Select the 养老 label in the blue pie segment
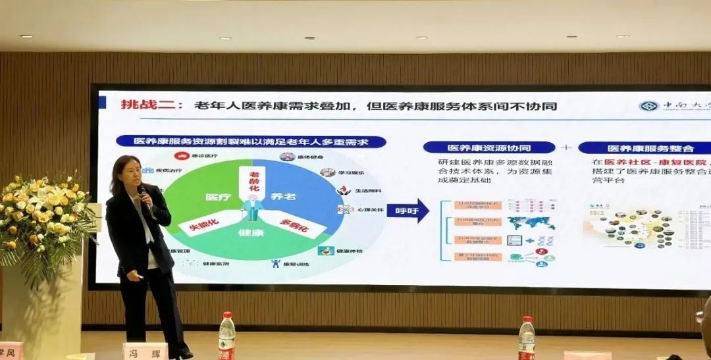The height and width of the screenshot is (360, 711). [284, 195]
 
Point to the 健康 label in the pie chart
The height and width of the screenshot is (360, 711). [251, 233]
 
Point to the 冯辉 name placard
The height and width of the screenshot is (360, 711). [145, 351]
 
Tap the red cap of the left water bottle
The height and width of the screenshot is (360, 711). [227, 316]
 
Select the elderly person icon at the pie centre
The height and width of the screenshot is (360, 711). [252, 207]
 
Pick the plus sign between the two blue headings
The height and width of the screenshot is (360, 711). [566, 147]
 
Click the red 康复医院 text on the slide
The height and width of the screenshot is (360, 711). [684, 162]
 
